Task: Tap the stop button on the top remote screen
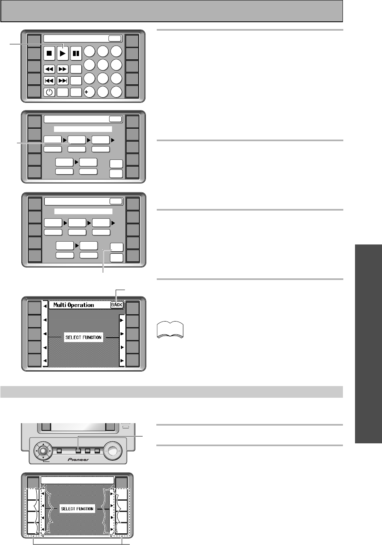tap(49, 53)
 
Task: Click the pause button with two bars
tap(76, 53)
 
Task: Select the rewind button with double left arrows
tap(49, 69)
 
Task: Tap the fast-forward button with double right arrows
tap(62, 69)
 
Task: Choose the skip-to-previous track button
tap(49, 81)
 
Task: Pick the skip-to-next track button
tap(62, 81)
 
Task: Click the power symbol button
tap(49, 92)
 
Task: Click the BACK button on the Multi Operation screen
tap(117, 305)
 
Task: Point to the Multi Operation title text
tap(74, 305)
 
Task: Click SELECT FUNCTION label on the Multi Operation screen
tap(83, 337)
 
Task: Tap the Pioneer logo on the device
tap(78, 459)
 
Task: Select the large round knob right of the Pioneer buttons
tap(113, 451)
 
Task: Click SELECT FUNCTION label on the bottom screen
tap(77, 509)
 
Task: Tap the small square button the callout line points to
tap(78, 451)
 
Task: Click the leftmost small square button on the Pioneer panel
tap(59, 451)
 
